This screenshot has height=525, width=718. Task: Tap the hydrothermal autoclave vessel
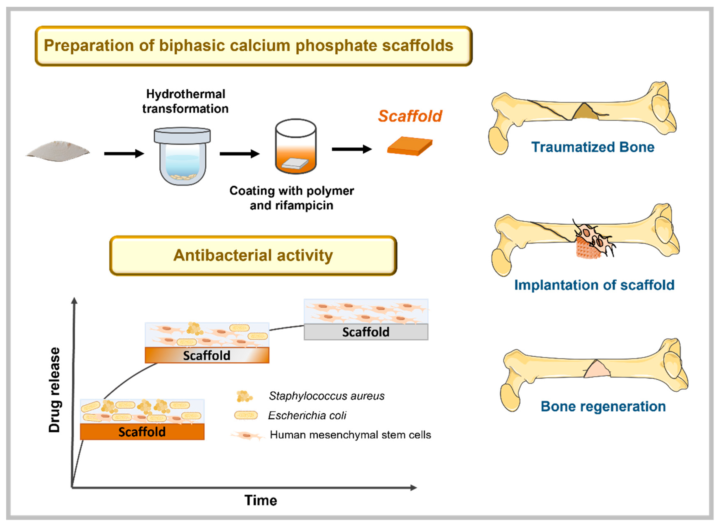(x=182, y=156)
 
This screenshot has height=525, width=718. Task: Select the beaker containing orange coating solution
(x=296, y=146)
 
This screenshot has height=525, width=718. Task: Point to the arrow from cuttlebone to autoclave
(x=124, y=153)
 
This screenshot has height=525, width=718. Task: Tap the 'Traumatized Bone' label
(x=593, y=147)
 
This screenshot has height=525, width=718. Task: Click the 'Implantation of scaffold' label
(x=594, y=285)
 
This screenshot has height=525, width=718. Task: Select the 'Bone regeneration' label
(x=603, y=406)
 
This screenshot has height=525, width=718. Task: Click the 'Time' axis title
(x=261, y=500)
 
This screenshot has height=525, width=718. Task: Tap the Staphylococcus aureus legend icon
(x=244, y=396)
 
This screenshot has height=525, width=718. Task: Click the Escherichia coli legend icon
(x=246, y=415)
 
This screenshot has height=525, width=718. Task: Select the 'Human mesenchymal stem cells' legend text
(x=350, y=435)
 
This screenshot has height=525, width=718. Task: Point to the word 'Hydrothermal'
(x=186, y=94)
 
